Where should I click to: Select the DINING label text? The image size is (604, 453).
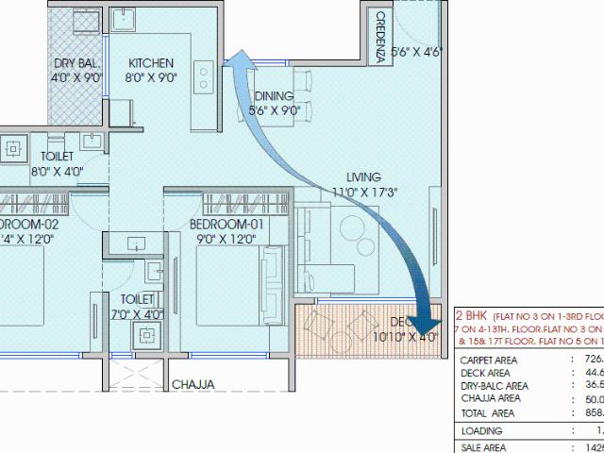click(x=273, y=96)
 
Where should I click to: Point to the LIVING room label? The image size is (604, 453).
click(x=363, y=176)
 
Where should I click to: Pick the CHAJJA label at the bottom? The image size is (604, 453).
click(x=193, y=384)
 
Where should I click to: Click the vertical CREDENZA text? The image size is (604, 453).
click(x=379, y=37)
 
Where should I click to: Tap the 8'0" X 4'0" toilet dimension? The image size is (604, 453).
click(x=58, y=172)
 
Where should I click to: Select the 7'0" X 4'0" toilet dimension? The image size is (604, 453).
click(x=138, y=314)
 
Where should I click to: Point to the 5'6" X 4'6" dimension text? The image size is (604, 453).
click(x=416, y=53)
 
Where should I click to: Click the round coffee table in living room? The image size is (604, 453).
click(x=354, y=230)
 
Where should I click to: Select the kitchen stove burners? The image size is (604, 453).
click(x=203, y=79)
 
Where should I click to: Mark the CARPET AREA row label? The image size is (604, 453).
click(x=487, y=360)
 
